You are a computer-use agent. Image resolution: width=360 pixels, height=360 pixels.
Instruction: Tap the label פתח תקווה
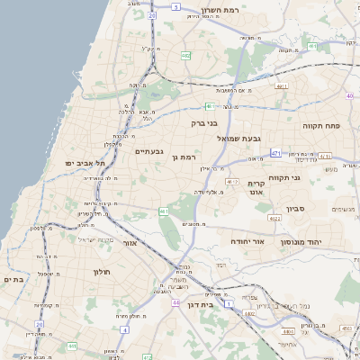click(x=320, y=126)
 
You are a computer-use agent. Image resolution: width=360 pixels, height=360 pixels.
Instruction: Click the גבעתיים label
click(x=148, y=151)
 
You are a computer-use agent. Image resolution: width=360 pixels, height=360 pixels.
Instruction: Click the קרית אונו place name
click(x=258, y=186)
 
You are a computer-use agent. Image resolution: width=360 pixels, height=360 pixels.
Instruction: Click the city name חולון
click(x=100, y=271)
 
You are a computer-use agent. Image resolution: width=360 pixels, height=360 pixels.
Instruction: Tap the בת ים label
click(x=13, y=280)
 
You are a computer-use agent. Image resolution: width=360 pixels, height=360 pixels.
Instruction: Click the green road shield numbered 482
click(x=185, y=55)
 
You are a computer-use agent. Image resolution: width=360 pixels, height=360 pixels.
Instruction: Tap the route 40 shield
click(x=349, y=95)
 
